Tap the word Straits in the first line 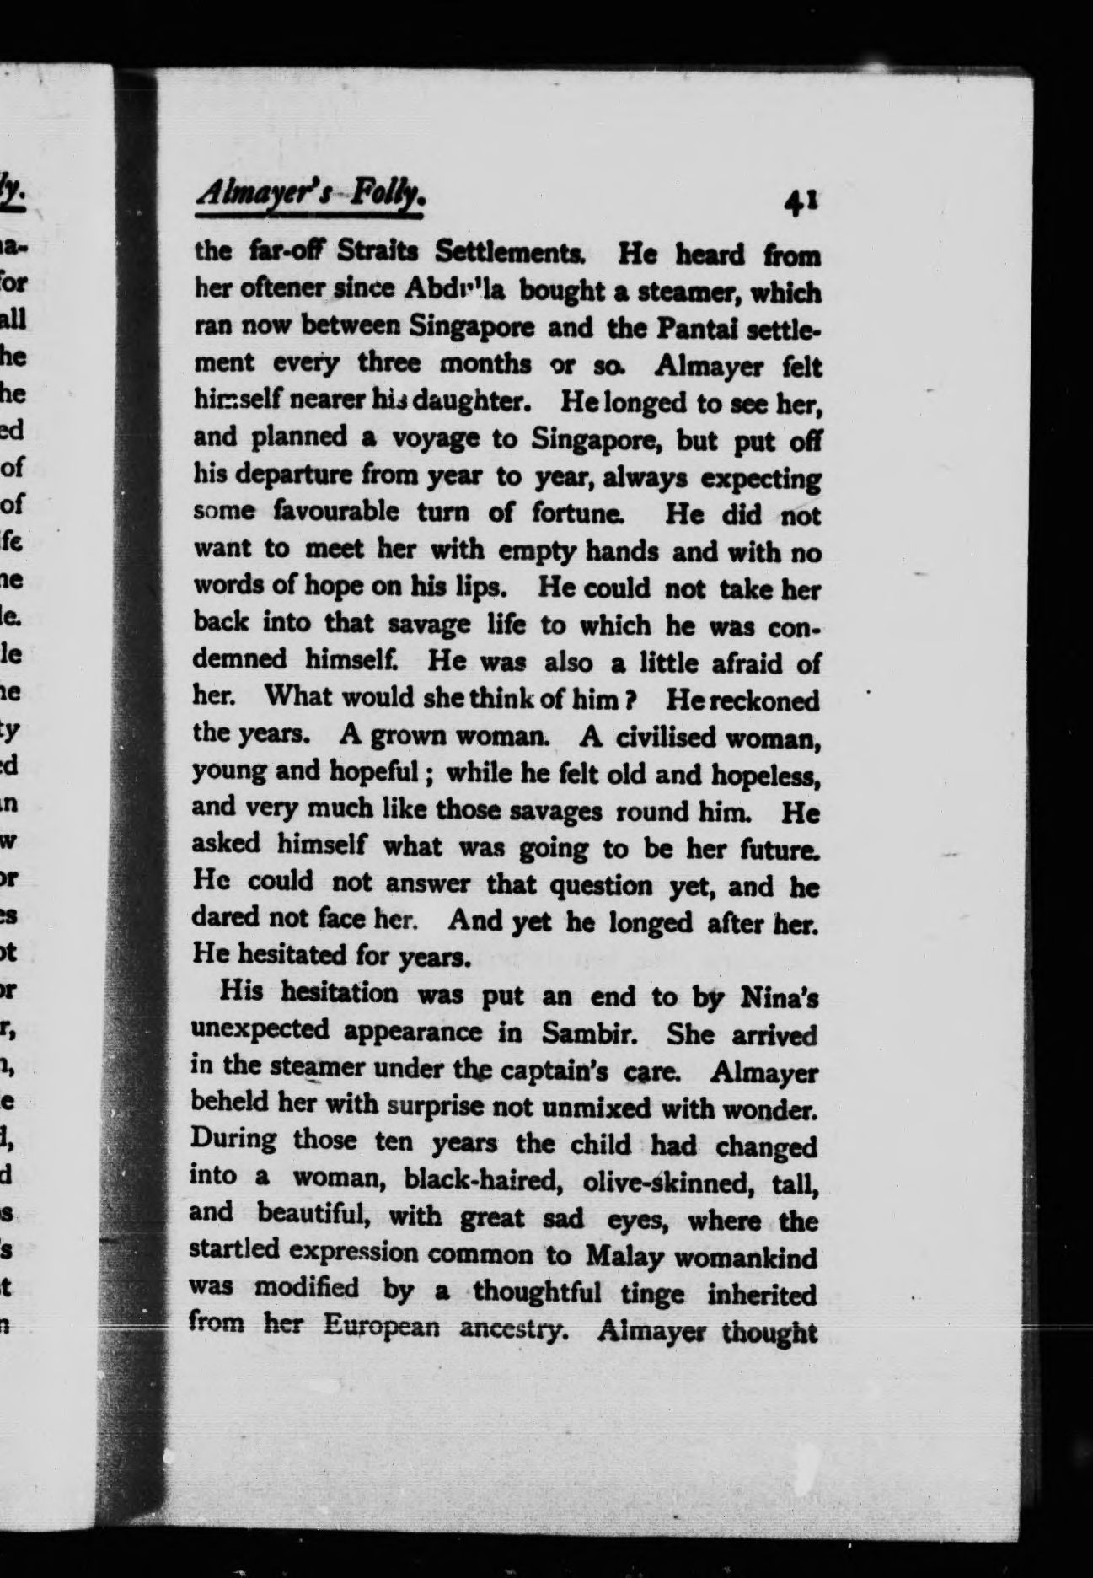pyautogui.click(x=381, y=252)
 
